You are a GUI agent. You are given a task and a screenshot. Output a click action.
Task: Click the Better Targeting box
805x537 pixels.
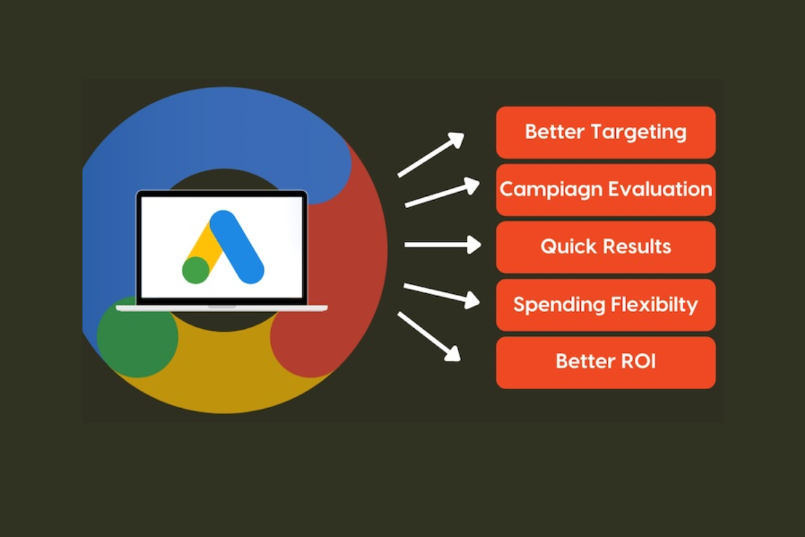pyautogui.click(x=605, y=132)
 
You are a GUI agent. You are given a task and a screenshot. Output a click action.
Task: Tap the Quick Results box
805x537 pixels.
pyautogui.click(x=605, y=247)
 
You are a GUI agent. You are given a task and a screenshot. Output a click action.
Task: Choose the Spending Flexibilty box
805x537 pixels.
pyautogui.click(x=605, y=305)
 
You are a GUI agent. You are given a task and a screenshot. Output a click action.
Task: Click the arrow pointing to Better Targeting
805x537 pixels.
pyautogui.click(x=431, y=154)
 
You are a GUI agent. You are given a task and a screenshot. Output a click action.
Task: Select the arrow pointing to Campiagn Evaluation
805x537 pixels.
pyautogui.click(x=442, y=193)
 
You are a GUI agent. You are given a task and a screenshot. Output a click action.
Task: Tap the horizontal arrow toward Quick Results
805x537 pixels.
pyautogui.click(x=442, y=245)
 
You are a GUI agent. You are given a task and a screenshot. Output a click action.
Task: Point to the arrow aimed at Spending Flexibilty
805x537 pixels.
pyautogui.click(x=441, y=294)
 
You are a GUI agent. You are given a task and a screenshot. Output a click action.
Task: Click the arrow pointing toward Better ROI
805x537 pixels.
pyautogui.click(x=429, y=336)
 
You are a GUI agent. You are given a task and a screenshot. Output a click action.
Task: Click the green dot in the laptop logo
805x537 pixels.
pyautogui.click(x=196, y=269)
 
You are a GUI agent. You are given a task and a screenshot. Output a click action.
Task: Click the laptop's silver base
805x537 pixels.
pyautogui.click(x=221, y=308)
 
